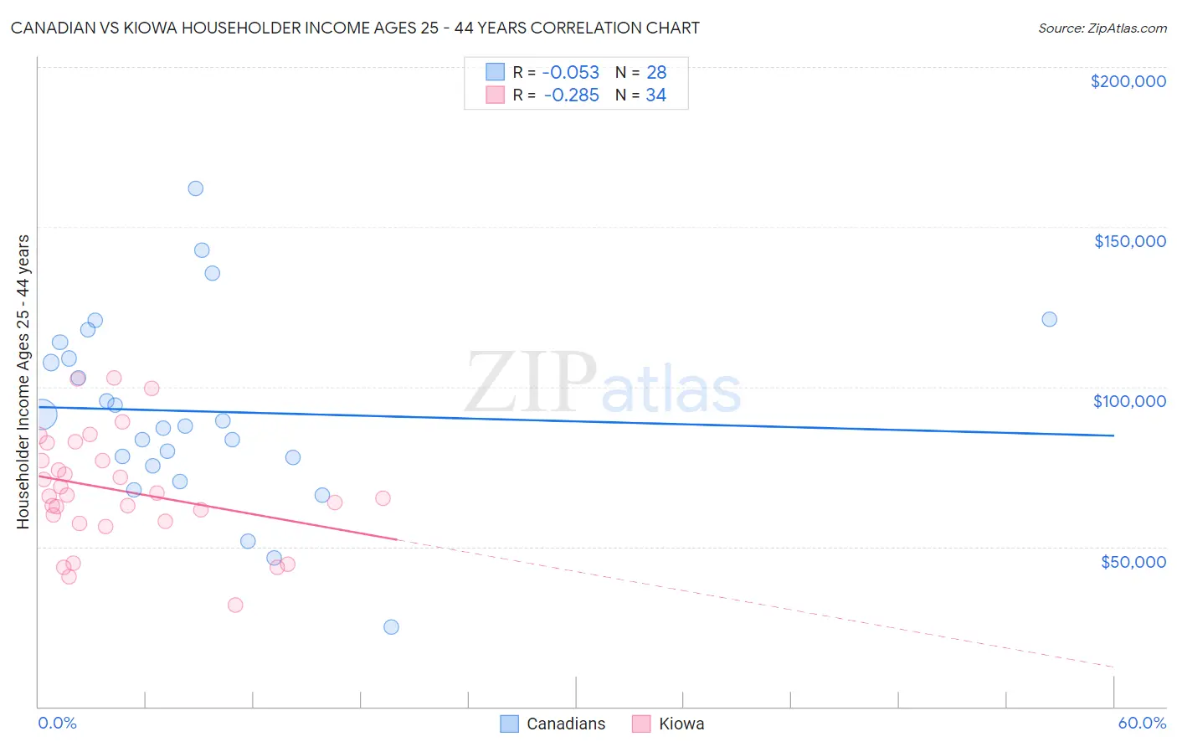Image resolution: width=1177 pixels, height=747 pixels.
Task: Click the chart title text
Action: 355,28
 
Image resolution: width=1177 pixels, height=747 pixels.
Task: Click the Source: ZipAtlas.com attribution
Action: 1102,28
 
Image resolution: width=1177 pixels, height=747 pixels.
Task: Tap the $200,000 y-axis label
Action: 1128,81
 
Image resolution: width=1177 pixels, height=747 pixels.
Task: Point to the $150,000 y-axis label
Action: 1129,241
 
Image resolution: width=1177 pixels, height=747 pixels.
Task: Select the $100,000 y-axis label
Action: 1129,401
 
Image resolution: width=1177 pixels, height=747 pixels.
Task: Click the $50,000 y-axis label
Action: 1133,561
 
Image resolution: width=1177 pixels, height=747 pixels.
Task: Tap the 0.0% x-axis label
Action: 57,723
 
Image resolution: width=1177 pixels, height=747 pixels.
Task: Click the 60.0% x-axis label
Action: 1141,723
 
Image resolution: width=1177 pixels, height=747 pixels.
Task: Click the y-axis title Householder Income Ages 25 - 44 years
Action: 23,382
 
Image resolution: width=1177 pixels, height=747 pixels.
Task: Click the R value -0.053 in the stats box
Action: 571,73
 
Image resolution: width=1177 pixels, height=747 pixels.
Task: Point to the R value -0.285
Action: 571,95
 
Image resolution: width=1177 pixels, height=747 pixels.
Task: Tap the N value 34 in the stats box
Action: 655,95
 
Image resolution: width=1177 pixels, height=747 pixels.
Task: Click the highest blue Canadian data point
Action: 195,188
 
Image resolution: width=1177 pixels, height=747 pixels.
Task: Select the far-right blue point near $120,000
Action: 1049,319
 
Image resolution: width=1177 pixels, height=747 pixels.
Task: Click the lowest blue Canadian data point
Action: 391,627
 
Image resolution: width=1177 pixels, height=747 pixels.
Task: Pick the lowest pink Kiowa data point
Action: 235,605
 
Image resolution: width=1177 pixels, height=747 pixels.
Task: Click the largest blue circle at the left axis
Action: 42,415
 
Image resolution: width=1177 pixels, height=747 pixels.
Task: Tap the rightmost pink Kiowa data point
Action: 383,498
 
